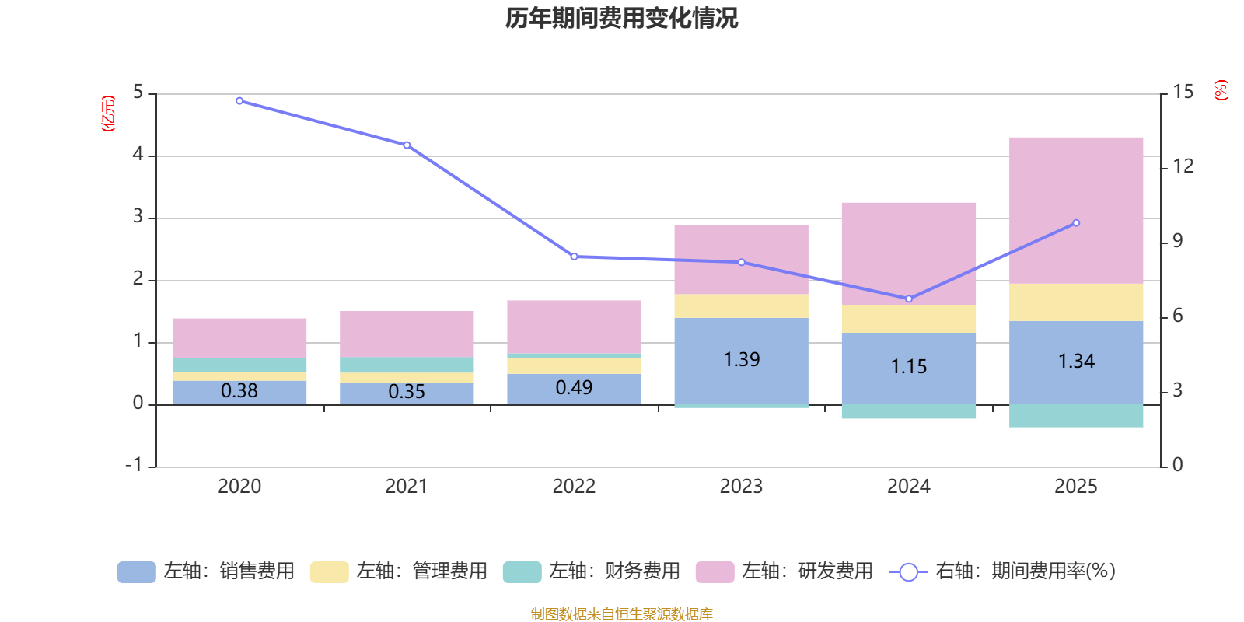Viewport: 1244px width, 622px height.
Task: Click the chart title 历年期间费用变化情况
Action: click(x=621, y=18)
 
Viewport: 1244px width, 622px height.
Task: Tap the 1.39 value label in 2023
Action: click(x=741, y=360)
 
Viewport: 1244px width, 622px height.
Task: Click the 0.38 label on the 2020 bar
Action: click(x=239, y=391)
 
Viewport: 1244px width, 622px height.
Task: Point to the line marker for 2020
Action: click(x=239, y=101)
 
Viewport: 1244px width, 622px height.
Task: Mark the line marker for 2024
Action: click(x=909, y=299)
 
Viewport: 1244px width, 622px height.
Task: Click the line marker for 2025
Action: click(x=1076, y=223)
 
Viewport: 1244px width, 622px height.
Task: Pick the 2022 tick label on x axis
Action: click(x=574, y=487)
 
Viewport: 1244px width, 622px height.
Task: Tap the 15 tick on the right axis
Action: click(x=1183, y=92)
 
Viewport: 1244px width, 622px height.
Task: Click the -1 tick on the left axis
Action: click(x=135, y=465)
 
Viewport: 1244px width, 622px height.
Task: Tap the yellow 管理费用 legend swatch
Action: click(x=329, y=572)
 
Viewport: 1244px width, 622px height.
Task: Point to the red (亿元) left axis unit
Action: click(x=108, y=114)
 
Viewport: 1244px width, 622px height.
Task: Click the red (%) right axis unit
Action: click(x=1221, y=90)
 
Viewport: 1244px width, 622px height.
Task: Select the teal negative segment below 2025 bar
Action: click(x=1076, y=416)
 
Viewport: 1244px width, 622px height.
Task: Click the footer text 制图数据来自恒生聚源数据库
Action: click(x=621, y=614)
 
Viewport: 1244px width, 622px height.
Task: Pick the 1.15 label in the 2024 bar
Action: click(x=909, y=367)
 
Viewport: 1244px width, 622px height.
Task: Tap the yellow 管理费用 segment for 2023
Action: click(x=741, y=306)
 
